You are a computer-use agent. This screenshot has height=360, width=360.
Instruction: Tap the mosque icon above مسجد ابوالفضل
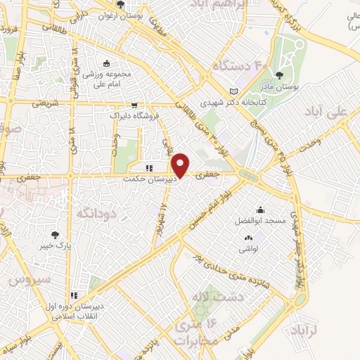261,210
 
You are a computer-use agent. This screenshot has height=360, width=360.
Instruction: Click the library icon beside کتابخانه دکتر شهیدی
235,92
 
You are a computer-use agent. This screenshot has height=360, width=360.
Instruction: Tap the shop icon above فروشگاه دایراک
134,103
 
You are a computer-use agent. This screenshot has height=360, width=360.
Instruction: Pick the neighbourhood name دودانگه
95,212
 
